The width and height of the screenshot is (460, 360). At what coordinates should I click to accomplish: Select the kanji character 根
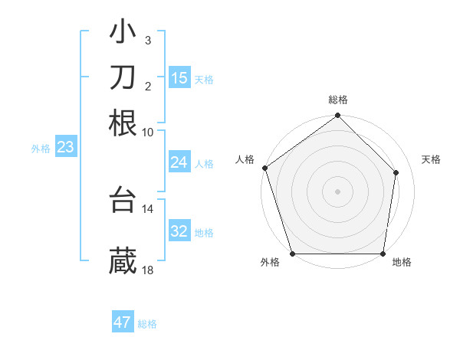click(123, 123)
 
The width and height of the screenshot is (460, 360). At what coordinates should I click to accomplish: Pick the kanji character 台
click(123, 201)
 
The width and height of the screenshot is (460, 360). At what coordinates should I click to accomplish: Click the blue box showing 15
click(179, 77)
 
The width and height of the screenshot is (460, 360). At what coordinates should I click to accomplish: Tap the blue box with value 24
click(179, 162)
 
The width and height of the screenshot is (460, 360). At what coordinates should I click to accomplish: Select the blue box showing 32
click(179, 231)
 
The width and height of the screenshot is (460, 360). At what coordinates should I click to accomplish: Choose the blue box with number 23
click(65, 147)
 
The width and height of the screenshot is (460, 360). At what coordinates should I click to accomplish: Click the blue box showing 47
click(123, 322)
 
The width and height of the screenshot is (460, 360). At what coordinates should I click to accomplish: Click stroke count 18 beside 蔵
click(147, 270)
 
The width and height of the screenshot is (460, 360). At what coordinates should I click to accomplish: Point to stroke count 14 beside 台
click(147, 208)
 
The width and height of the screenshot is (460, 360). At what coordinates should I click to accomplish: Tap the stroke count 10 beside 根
click(147, 132)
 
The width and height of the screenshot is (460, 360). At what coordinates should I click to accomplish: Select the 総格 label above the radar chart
click(338, 100)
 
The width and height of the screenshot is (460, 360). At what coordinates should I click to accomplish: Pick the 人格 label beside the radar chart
click(245, 159)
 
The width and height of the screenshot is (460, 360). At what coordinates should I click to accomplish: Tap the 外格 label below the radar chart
click(270, 263)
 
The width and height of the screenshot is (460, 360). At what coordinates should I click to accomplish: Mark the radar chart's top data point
click(337, 116)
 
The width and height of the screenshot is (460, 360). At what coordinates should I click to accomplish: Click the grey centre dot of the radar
click(337, 190)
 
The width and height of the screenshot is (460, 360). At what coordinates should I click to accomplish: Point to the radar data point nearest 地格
click(383, 254)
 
